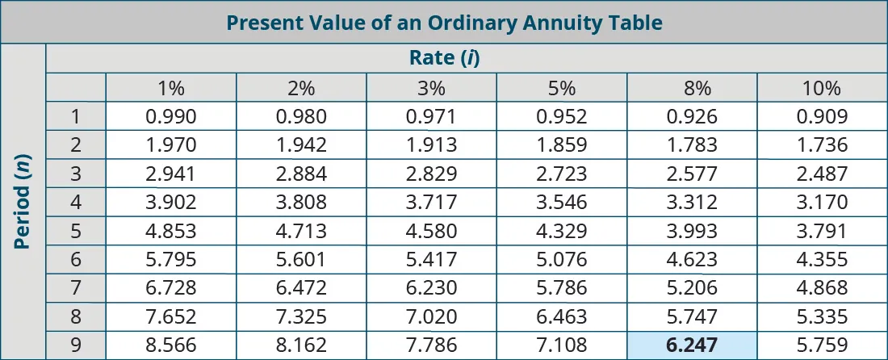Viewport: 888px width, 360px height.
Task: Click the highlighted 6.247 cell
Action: pos(692,345)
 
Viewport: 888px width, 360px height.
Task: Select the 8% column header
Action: pos(692,88)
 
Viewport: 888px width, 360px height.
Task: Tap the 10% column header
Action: pos(822,88)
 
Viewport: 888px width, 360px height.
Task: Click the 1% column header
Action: pos(171,88)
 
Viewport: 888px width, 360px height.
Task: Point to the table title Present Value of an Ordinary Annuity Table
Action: pos(443,22)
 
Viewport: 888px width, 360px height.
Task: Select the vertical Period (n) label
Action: pos(23,202)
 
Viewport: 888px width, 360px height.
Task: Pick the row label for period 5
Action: pos(76,231)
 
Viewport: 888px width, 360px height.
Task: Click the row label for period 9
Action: pos(76,345)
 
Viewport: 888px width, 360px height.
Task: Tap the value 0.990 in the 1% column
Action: pos(171,116)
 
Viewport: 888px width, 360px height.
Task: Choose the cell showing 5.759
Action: pos(822,345)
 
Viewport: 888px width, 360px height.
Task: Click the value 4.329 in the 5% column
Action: pos(561,231)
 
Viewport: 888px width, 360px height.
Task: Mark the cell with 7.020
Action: pos(431,316)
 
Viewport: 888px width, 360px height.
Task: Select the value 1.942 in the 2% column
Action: pos(301,145)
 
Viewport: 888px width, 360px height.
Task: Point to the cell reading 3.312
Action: pos(692,203)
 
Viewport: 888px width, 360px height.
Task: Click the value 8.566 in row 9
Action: pos(171,345)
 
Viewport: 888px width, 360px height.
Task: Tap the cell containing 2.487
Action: pos(822,174)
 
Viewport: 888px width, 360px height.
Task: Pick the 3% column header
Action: pos(431,88)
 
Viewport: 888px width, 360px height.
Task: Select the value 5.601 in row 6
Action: pos(301,260)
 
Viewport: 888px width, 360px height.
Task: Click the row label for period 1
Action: pos(76,116)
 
